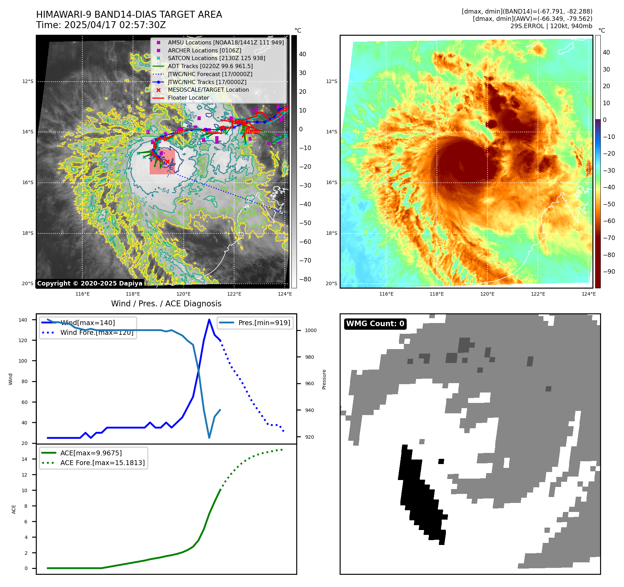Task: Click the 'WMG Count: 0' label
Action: pos(375,324)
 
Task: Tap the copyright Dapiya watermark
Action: pos(90,283)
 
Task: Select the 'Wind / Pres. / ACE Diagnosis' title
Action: pos(166,304)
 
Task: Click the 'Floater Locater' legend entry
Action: pos(188,98)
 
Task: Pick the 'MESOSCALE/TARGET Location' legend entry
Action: pos(208,90)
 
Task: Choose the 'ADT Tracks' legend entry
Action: pos(210,66)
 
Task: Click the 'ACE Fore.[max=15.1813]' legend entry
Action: pos(102,463)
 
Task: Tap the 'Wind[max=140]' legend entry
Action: pos(88,323)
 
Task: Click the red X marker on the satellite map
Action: pos(167,162)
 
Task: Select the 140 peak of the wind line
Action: pos(209,320)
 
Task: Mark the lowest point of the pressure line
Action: pos(209,438)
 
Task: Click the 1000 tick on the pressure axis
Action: pos(310,330)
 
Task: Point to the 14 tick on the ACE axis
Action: pos(25,459)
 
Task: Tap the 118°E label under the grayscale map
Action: pos(133,294)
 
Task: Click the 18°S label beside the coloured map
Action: pos(331,233)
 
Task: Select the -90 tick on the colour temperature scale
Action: pos(609,272)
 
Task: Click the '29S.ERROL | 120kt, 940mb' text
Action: pos(551,26)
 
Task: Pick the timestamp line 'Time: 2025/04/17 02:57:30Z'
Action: pos(101,25)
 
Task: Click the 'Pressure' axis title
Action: pos(324,379)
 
